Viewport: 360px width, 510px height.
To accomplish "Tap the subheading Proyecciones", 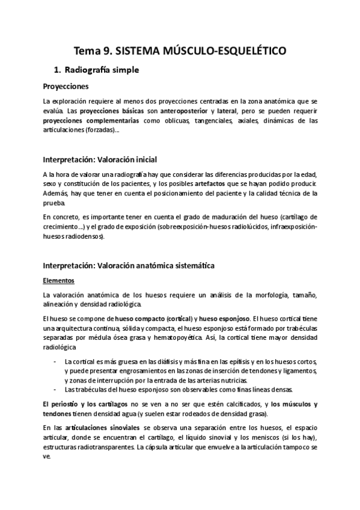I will point(66,86).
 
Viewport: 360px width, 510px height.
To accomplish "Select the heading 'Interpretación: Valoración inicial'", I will point(100,159).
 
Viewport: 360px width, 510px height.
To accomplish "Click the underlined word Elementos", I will point(58,280).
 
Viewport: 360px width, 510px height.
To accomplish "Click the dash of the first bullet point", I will point(55,361).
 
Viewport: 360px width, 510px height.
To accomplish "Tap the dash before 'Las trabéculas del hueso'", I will point(55,389).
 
